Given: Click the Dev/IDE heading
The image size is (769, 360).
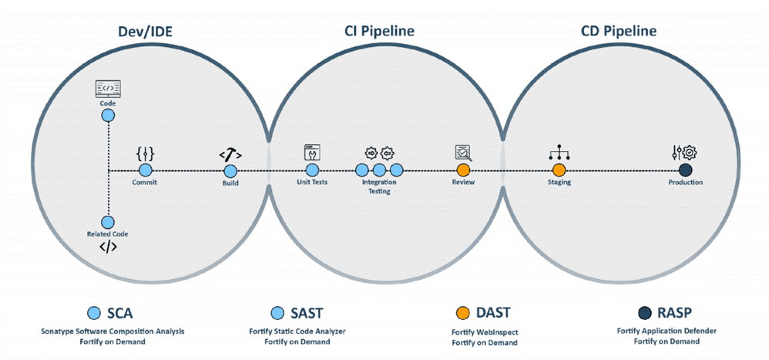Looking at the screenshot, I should point(146,31).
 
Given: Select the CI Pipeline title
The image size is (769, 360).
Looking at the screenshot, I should point(378,31).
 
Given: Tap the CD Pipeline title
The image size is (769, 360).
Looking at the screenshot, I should point(619,31).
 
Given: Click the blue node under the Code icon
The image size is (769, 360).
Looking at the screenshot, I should point(108,116).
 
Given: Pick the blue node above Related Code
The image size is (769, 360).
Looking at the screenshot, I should point(108,222).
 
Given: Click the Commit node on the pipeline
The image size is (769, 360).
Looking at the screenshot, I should point(146,170).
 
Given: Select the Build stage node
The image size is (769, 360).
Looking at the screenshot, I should point(230,170).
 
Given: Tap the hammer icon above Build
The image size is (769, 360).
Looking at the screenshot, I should point(230,153).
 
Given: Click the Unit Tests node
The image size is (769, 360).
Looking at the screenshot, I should point(312,170).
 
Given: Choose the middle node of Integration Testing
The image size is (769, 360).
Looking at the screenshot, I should point(379,170).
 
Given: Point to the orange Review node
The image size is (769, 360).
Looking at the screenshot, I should point(463,170).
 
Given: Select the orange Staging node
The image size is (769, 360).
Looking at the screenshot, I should point(559,170).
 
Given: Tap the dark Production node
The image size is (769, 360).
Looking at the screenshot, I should point(685,170).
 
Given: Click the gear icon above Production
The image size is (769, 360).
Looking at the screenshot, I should point(689,152).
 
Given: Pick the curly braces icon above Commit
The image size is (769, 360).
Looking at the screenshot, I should point(146,153).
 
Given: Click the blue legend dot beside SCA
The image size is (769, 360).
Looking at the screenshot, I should point(94,312).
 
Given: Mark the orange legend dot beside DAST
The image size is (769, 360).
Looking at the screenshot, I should point(462,312).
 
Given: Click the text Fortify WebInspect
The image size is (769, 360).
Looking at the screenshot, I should point(484,331).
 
